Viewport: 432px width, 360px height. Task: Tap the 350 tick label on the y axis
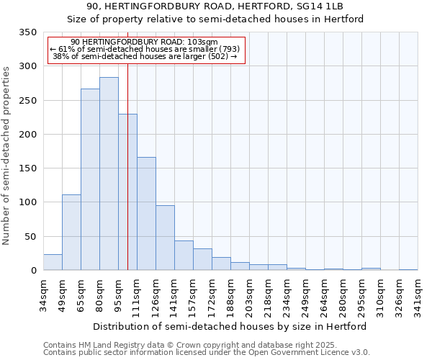point(27,32)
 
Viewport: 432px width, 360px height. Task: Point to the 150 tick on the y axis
point(27,168)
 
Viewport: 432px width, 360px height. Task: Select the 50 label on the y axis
point(30,236)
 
